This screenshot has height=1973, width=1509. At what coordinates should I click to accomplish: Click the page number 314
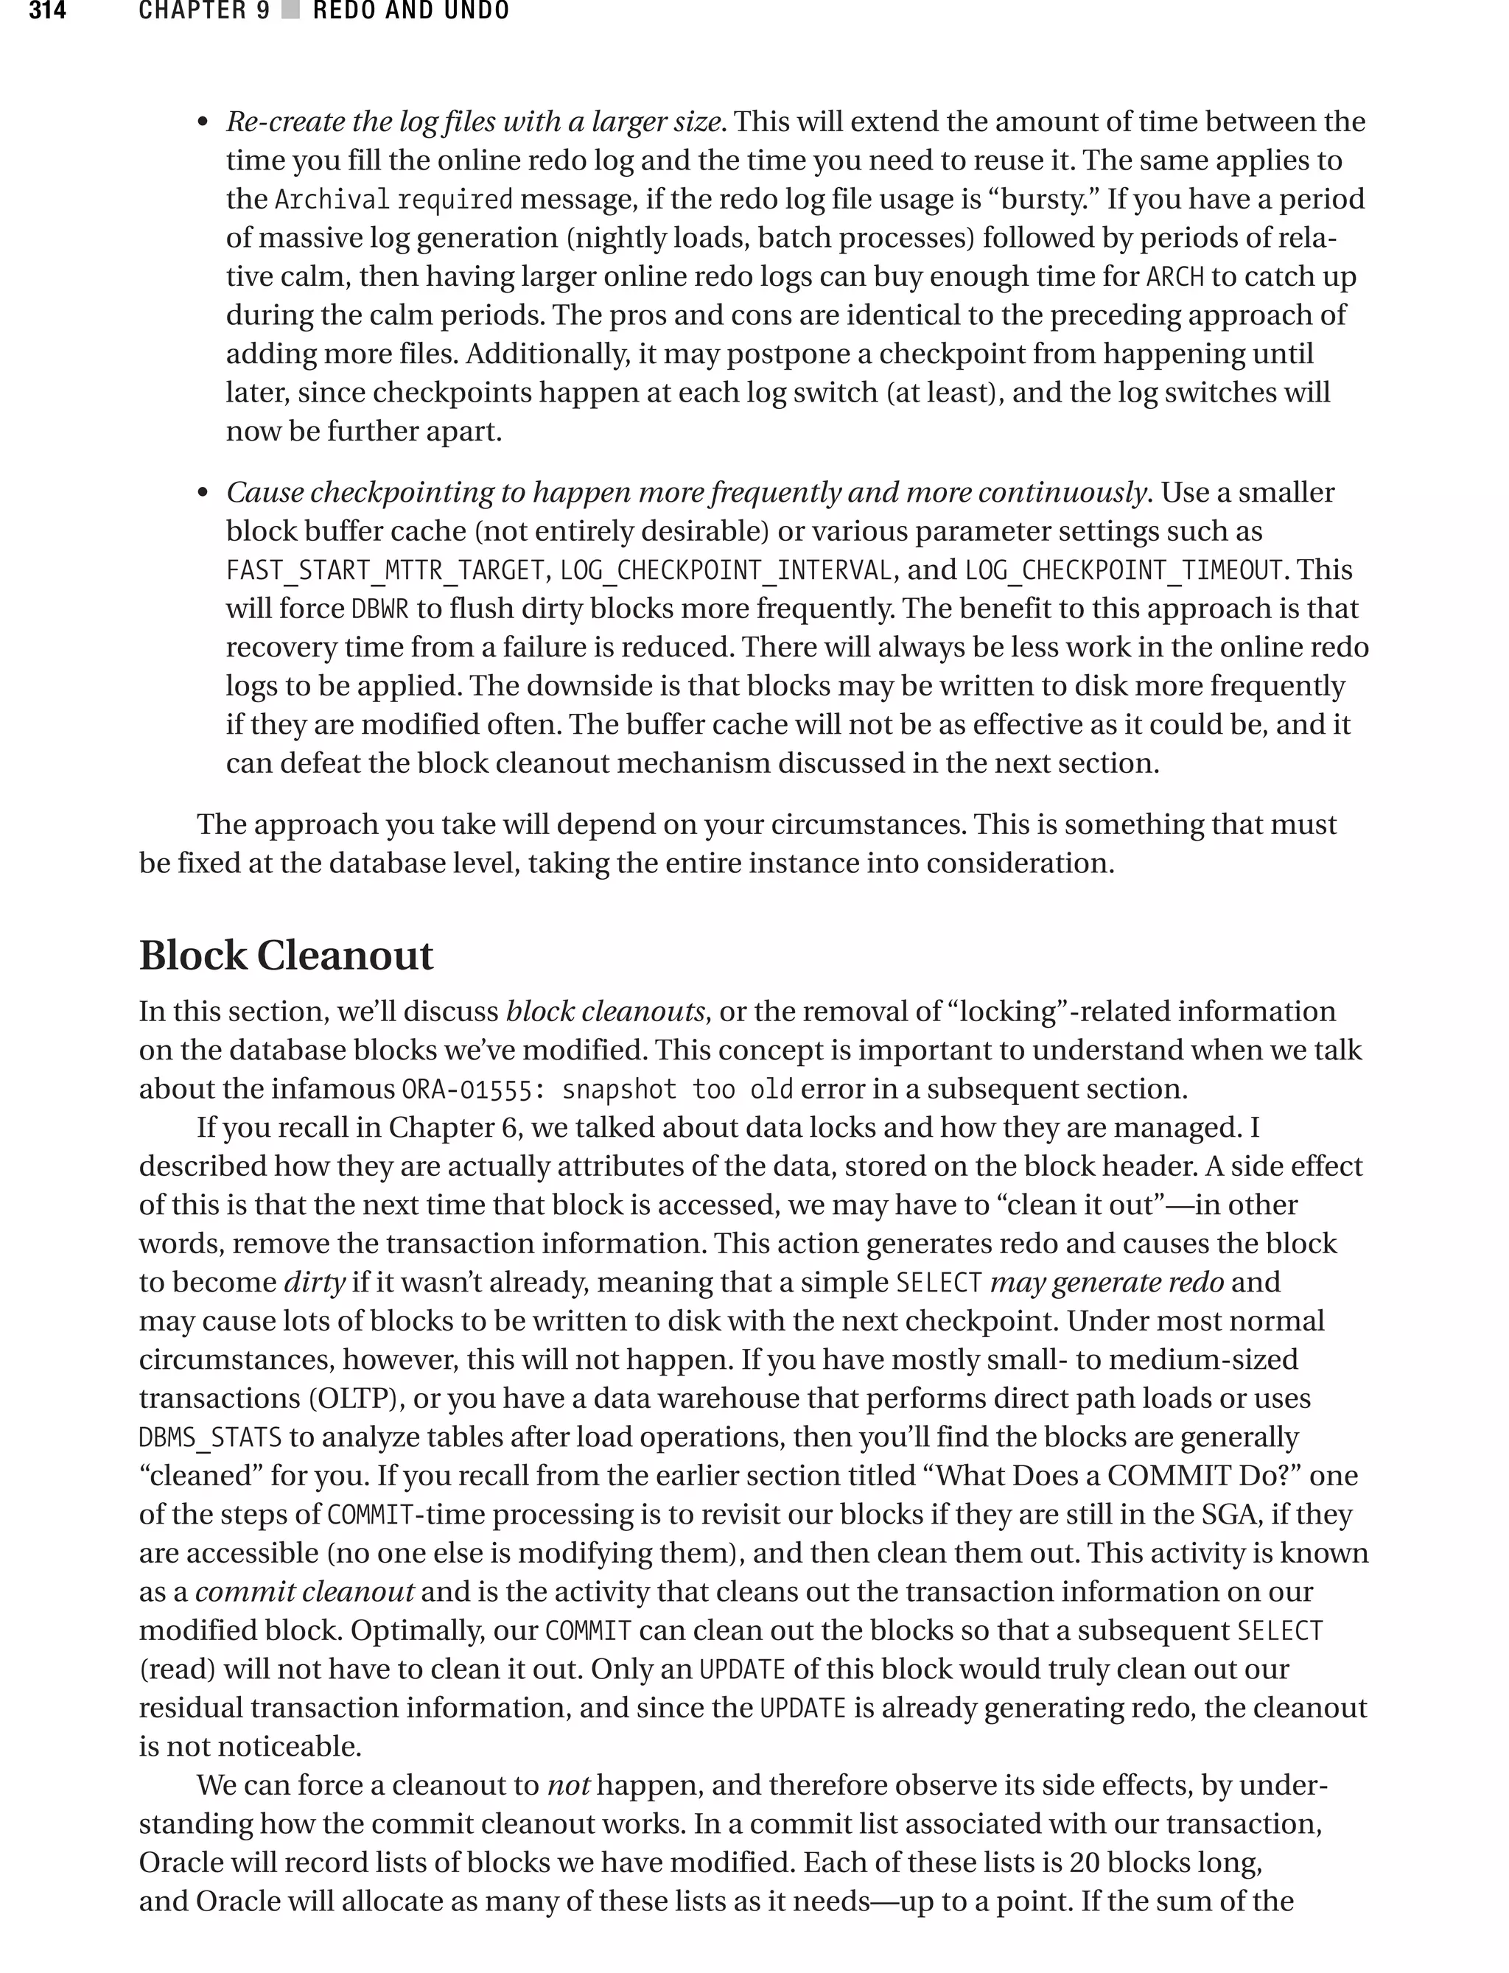click(46, 11)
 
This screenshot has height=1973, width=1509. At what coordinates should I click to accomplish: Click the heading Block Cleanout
click(286, 955)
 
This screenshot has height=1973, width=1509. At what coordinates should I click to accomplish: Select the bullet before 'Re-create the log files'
click(203, 123)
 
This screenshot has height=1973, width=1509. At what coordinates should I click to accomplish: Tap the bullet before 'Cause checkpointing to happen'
click(203, 494)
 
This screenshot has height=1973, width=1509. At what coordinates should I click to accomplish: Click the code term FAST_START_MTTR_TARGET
click(385, 571)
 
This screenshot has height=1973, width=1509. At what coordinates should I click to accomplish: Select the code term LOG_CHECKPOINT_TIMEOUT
click(1123, 571)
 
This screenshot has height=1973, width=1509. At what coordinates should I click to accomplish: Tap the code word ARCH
click(1175, 276)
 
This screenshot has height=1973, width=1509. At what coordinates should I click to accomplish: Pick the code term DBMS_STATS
click(210, 1437)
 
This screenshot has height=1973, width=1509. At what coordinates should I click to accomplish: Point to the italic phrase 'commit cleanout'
click(304, 1591)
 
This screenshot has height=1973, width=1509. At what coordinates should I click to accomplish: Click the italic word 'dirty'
click(315, 1283)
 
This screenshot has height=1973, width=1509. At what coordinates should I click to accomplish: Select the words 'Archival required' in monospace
click(393, 200)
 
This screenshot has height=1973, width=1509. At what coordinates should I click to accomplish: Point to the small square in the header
click(290, 11)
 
